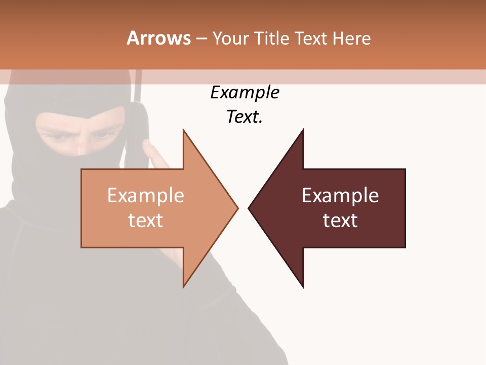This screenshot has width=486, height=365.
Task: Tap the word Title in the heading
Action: [x=271, y=38]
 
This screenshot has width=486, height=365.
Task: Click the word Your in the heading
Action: [x=231, y=38]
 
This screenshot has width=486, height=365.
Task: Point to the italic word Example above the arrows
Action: [x=245, y=92]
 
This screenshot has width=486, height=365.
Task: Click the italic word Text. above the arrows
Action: [x=245, y=117]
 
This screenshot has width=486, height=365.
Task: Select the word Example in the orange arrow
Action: [x=146, y=196]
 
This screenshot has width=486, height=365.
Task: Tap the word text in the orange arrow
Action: [x=146, y=221]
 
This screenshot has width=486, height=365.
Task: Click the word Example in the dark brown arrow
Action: [x=340, y=196]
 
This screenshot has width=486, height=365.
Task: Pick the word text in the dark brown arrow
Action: [x=340, y=221]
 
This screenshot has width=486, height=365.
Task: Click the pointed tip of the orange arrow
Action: [x=237, y=207]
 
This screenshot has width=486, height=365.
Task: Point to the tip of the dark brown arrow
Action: [x=249, y=207]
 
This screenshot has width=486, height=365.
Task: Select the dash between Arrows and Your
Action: [x=201, y=39]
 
